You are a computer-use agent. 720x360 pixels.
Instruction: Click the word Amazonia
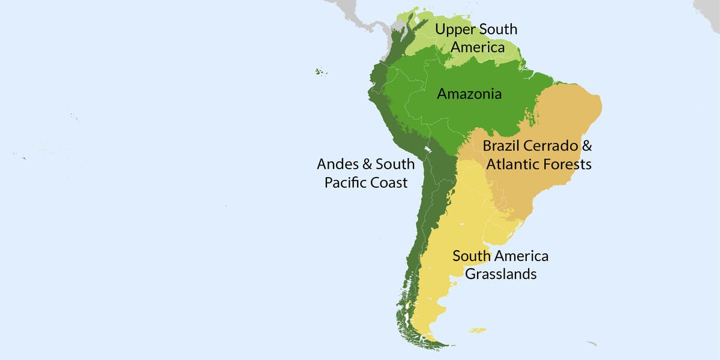pos(469,94)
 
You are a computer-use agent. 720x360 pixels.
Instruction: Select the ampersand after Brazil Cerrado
pos(587,146)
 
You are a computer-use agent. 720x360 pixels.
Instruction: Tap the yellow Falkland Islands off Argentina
pos(478,329)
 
